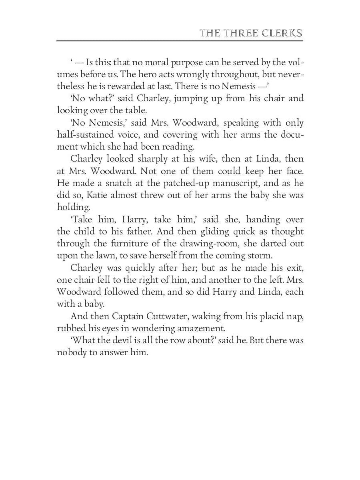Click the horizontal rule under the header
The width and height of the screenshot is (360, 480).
pos(180,41)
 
